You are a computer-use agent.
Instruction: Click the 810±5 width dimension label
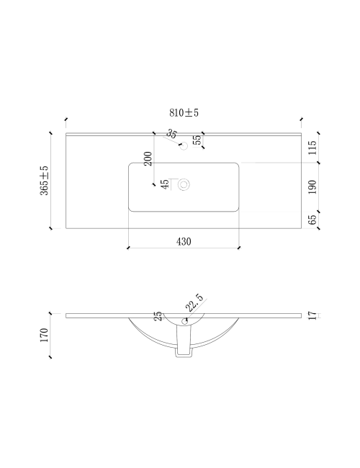click(x=184, y=113)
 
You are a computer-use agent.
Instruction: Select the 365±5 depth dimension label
click(x=44, y=181)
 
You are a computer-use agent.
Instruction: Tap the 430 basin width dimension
click(x=184, y=241)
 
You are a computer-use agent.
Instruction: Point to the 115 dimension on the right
click(x=312, y=148)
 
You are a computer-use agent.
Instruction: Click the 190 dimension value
click(x=312, y=187)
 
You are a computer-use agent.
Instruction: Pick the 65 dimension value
click(x=312, y=220)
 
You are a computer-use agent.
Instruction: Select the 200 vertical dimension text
click(x=148, y=158)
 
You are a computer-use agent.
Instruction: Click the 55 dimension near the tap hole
click(x=197, y=140)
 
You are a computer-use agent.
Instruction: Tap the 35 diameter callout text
click(x=171, y=133)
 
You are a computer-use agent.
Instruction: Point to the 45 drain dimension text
click(x=164, y=184)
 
